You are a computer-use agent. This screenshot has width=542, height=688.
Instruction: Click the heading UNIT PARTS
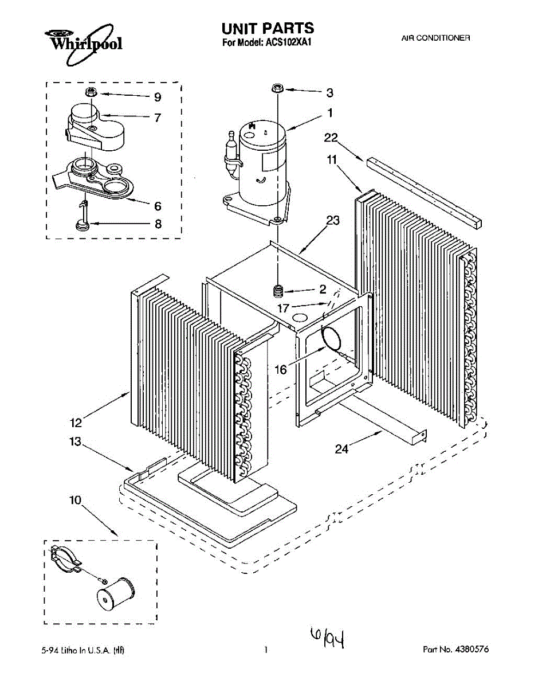(x=268, y=28)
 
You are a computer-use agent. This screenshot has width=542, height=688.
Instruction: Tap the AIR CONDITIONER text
(x=435, y=38)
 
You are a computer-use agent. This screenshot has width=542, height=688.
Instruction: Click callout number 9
(x=157, y=96)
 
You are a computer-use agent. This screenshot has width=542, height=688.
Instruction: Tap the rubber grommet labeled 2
(x=280, y=291)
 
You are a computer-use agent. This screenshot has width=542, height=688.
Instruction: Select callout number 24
(x=341, y=449)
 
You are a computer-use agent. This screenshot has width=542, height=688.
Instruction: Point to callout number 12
(x=76, y=423)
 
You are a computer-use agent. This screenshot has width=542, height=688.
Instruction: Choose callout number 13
(x=75, y=442)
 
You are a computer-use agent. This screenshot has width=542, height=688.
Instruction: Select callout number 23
(x=333, y=220)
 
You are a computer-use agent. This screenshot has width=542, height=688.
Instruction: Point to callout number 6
(x=157, y=206)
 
